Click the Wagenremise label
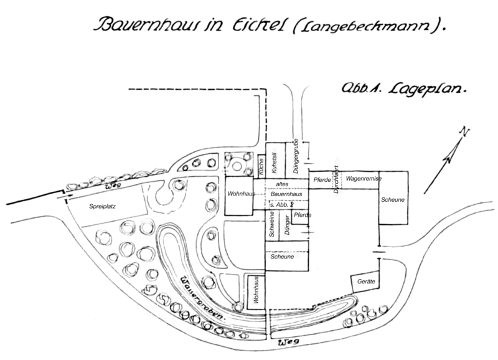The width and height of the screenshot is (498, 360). (364, 178)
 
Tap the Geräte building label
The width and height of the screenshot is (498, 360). (366, 282)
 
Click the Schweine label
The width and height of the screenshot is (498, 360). (272, 225)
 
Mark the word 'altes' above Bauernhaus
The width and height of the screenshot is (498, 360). (286, 184)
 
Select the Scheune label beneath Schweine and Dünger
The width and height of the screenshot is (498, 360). (283, 256)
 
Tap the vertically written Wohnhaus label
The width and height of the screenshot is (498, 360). (255, 291)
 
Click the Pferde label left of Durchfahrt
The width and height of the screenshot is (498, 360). (322, 179)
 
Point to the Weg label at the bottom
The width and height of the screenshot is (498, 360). (286, 343)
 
